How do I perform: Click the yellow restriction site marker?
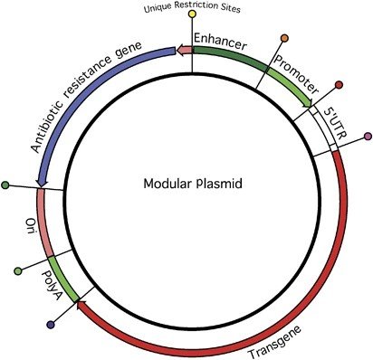192,14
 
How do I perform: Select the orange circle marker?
284,38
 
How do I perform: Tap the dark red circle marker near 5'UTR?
339,85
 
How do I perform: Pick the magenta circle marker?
368,137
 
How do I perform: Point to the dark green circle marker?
5,185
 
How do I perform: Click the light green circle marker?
18,271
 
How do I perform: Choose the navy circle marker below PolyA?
51,325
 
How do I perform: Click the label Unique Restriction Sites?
192,7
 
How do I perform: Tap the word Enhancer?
220,42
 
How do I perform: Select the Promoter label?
296,75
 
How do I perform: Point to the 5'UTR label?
335,123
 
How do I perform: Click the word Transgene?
274,342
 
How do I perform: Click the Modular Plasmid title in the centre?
193,183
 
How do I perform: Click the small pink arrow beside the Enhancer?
184,50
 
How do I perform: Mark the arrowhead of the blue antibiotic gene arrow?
42,182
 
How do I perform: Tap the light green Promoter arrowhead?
308,102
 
